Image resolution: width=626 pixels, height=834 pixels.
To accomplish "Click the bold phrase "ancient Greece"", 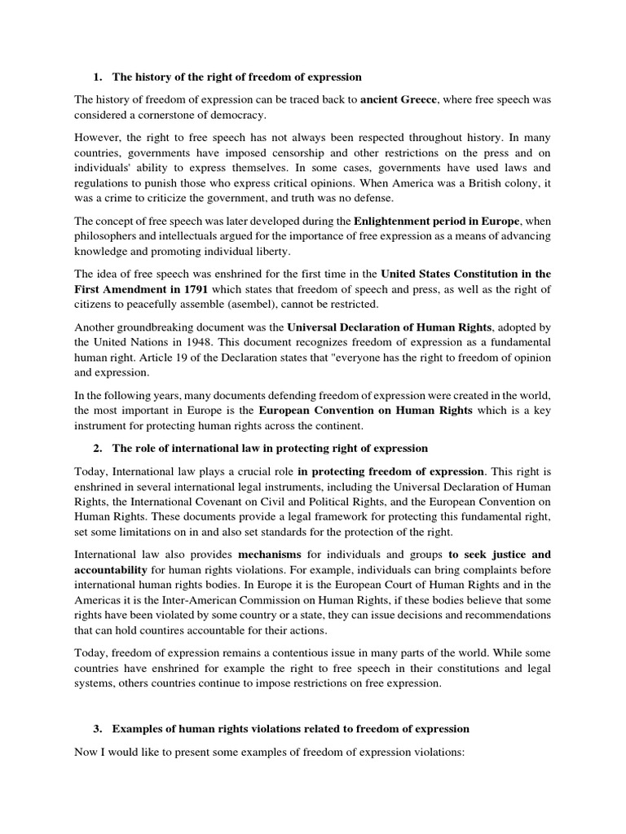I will pos(399,99).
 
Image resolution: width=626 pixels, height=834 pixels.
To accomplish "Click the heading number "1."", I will pos(98,77).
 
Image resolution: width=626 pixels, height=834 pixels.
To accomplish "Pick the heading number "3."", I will pos(98,727).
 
